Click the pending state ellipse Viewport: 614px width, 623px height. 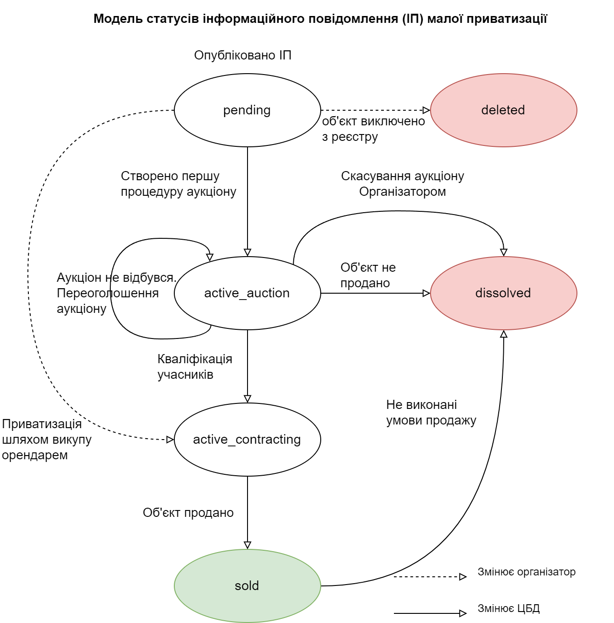point(247,110)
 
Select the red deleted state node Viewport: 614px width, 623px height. point(503,110)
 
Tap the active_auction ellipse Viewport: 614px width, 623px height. point(247,293)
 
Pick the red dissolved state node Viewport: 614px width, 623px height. point(503,293)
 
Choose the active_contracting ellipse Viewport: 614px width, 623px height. point(247,440)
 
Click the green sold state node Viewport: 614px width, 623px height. point(247,586)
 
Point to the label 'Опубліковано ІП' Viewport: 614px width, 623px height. point(242,55)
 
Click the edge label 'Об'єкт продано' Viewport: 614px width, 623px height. point(188,513)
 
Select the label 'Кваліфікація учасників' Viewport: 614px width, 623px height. point(194,367)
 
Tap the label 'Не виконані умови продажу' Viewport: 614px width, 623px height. point(431,413)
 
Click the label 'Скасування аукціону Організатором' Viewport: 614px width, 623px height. point(403,184)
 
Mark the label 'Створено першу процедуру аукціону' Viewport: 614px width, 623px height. point(178,184)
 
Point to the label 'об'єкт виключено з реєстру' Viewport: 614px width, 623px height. point(373,129)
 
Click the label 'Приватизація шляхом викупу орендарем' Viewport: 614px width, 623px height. point(47,440)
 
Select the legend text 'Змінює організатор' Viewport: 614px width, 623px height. point(526,572)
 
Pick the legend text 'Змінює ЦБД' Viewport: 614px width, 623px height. point(508,608)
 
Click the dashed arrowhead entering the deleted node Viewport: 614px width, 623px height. point(426,110)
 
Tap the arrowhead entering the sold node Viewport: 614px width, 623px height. point(248,545)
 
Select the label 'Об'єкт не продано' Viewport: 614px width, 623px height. point(368,275)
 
